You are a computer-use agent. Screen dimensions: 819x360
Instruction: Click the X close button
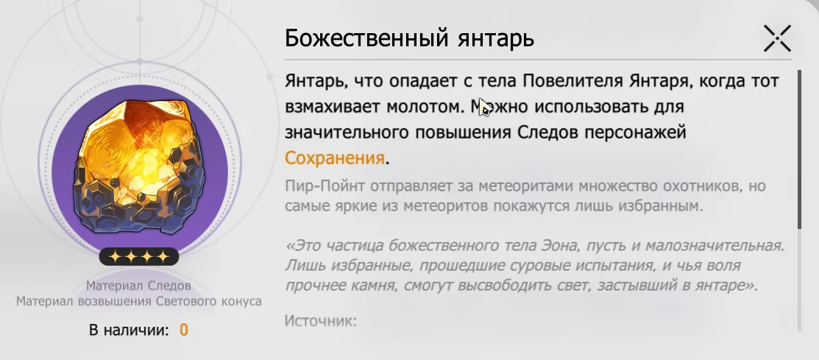(x=777, y=38)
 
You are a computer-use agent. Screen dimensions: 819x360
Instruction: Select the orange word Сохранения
(x=335, y=158)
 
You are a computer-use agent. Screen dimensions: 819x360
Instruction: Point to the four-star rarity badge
(x=139, y=256)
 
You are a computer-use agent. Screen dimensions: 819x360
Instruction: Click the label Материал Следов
(x=138, y=286)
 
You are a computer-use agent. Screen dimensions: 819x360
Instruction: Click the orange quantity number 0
(x=184, y=331)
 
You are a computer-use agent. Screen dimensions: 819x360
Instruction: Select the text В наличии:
(x=129, y=331)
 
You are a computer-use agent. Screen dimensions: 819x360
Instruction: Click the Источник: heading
(x=321, y=320)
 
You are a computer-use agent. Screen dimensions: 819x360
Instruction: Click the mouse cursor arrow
(x=484, y=107)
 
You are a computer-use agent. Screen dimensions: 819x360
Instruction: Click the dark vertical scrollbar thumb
(x=799, y=149)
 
